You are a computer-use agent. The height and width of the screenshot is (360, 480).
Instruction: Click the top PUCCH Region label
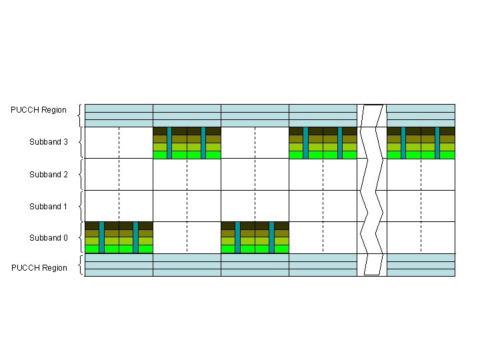[x=39, y=110]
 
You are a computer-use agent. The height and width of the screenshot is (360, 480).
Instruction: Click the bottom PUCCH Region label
[x=39, y=268]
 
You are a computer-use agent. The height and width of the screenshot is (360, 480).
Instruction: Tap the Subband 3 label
[x=49, y=142]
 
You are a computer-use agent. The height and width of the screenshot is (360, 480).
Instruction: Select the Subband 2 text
[x=49, y=175]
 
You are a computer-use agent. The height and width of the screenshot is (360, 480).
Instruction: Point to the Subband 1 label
[x=49, y=207]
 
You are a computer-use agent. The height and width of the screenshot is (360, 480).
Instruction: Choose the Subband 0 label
[x=49, y=238]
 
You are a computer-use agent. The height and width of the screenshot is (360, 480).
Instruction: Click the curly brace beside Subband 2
[x=81, y=175]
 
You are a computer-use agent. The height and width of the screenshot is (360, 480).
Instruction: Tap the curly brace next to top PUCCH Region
[x=81, y=115]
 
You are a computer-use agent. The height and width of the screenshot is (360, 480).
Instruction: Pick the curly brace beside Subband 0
[x=81, y=238]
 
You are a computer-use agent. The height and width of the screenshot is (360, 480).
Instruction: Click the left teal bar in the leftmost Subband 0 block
[x=101, y=237]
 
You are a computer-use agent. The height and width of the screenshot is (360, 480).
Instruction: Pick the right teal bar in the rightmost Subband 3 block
[x=437, y=143]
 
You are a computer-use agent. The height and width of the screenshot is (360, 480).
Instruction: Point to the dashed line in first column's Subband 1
[x=119, y=206]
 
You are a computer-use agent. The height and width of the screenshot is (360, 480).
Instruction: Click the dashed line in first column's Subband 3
[x=119, y=143]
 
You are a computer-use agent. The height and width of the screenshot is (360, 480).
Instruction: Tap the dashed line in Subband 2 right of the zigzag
[x=421, y=175]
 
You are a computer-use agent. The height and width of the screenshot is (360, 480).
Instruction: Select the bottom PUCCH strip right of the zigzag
[x=421, y=265]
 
